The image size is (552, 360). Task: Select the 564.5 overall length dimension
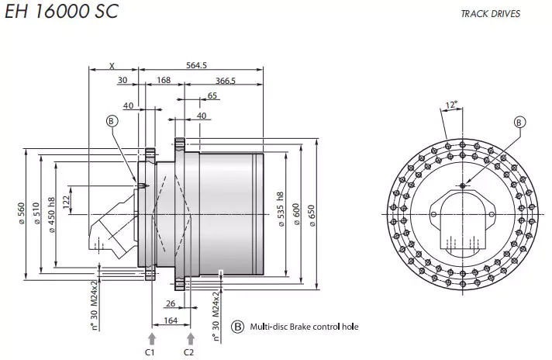(x=198, y=65)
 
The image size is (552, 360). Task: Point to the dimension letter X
(x=112, y=65)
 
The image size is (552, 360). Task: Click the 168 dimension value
(x=164, y=81)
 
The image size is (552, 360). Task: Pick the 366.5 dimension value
(x=226, y=81)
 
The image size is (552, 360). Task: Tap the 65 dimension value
(x=212, y=96)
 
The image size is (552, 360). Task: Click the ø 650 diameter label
(x=312, y=214)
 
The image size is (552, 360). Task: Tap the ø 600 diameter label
(x=296, y=214)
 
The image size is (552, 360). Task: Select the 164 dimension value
(x=171, y=320)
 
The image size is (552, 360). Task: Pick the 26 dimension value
(x=171, y=303)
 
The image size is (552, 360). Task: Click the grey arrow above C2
(x=190, y=337)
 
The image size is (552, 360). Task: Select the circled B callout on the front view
(x=520, y=122)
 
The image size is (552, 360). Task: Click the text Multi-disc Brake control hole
(x=304, y=327)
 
